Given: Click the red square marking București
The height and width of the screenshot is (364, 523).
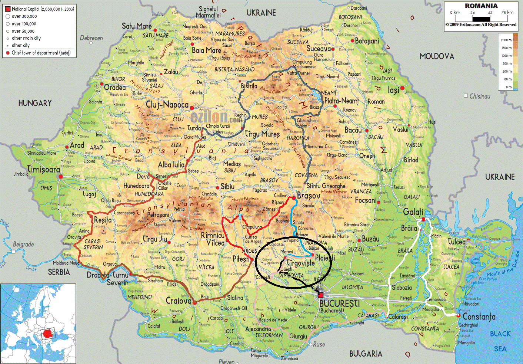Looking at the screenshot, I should tap(321, 295).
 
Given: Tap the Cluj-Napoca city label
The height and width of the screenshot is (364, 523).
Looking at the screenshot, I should tap(167, 105).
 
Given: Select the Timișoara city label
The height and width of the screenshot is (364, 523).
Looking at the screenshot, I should tap(43, 170).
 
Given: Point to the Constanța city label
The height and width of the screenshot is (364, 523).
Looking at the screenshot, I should tap(479, 317).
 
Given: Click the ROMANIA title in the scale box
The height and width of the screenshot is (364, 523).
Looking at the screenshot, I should tap(481, 6).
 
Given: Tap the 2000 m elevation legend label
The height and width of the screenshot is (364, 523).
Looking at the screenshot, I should tap(506, 40).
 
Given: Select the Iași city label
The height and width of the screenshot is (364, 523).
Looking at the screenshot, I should tap(393, 90).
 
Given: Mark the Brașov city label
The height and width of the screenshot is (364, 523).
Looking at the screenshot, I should tap(309, 196).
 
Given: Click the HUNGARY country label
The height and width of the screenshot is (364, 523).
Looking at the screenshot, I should tap(35, 103).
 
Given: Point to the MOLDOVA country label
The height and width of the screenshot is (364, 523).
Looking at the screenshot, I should tap(437, 56).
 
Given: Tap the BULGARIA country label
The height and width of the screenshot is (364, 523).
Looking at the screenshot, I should tap(366, 354).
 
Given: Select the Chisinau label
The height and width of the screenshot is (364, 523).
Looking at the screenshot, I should tap(480, 96).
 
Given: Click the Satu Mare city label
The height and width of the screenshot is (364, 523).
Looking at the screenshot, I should tap(137, 26).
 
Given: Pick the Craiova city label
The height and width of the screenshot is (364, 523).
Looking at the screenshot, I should tap(179, 301).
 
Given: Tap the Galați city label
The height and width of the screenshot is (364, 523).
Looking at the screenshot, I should tap(413, 212).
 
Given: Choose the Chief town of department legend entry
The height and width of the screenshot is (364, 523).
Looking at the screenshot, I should tap(41, 53).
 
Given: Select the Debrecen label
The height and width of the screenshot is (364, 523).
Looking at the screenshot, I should tap(91, 38).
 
